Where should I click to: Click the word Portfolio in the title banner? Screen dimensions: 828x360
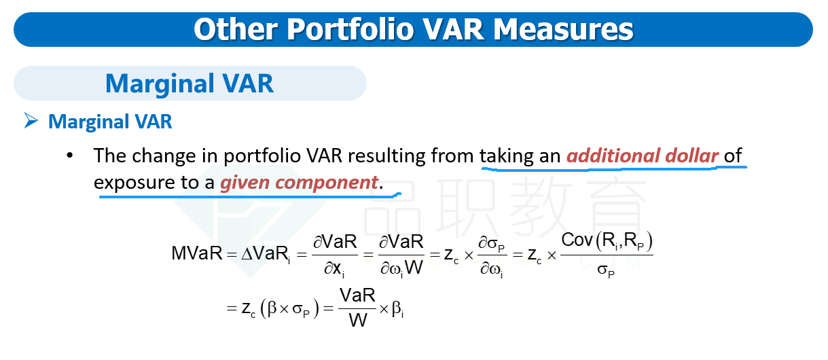click(x=350, y=29)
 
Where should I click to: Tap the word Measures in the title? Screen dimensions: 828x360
click(x=563, y=29)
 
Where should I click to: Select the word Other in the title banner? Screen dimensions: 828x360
click(x=236, y=29)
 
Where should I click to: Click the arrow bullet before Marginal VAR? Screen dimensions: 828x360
click(x=31, y=120)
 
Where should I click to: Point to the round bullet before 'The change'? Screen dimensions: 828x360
click(x=69, y=156)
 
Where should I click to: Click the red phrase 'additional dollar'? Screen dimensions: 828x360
click(x=643, y=156)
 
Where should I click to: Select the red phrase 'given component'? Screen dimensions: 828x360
click(x=299, y=183)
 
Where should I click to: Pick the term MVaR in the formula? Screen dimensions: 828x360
click(x=197, y=253)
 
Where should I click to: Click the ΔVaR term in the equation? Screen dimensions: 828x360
click(x=266, y=254)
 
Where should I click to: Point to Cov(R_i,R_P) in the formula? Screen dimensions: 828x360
click(x=607, y=241)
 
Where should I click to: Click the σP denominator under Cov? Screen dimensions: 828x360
click(x=606, y=270)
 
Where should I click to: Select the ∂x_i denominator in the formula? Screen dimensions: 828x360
click(x=334, y=270)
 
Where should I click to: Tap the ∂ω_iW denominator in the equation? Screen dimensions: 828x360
click(x=401, y=268)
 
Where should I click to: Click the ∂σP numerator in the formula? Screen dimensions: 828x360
click(x=492, y=244)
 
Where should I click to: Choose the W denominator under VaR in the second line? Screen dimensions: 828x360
click(x=358, y=320)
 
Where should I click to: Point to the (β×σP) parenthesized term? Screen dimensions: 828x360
click(x=289, y=308)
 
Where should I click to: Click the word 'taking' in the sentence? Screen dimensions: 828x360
click(x=507, y=156)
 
